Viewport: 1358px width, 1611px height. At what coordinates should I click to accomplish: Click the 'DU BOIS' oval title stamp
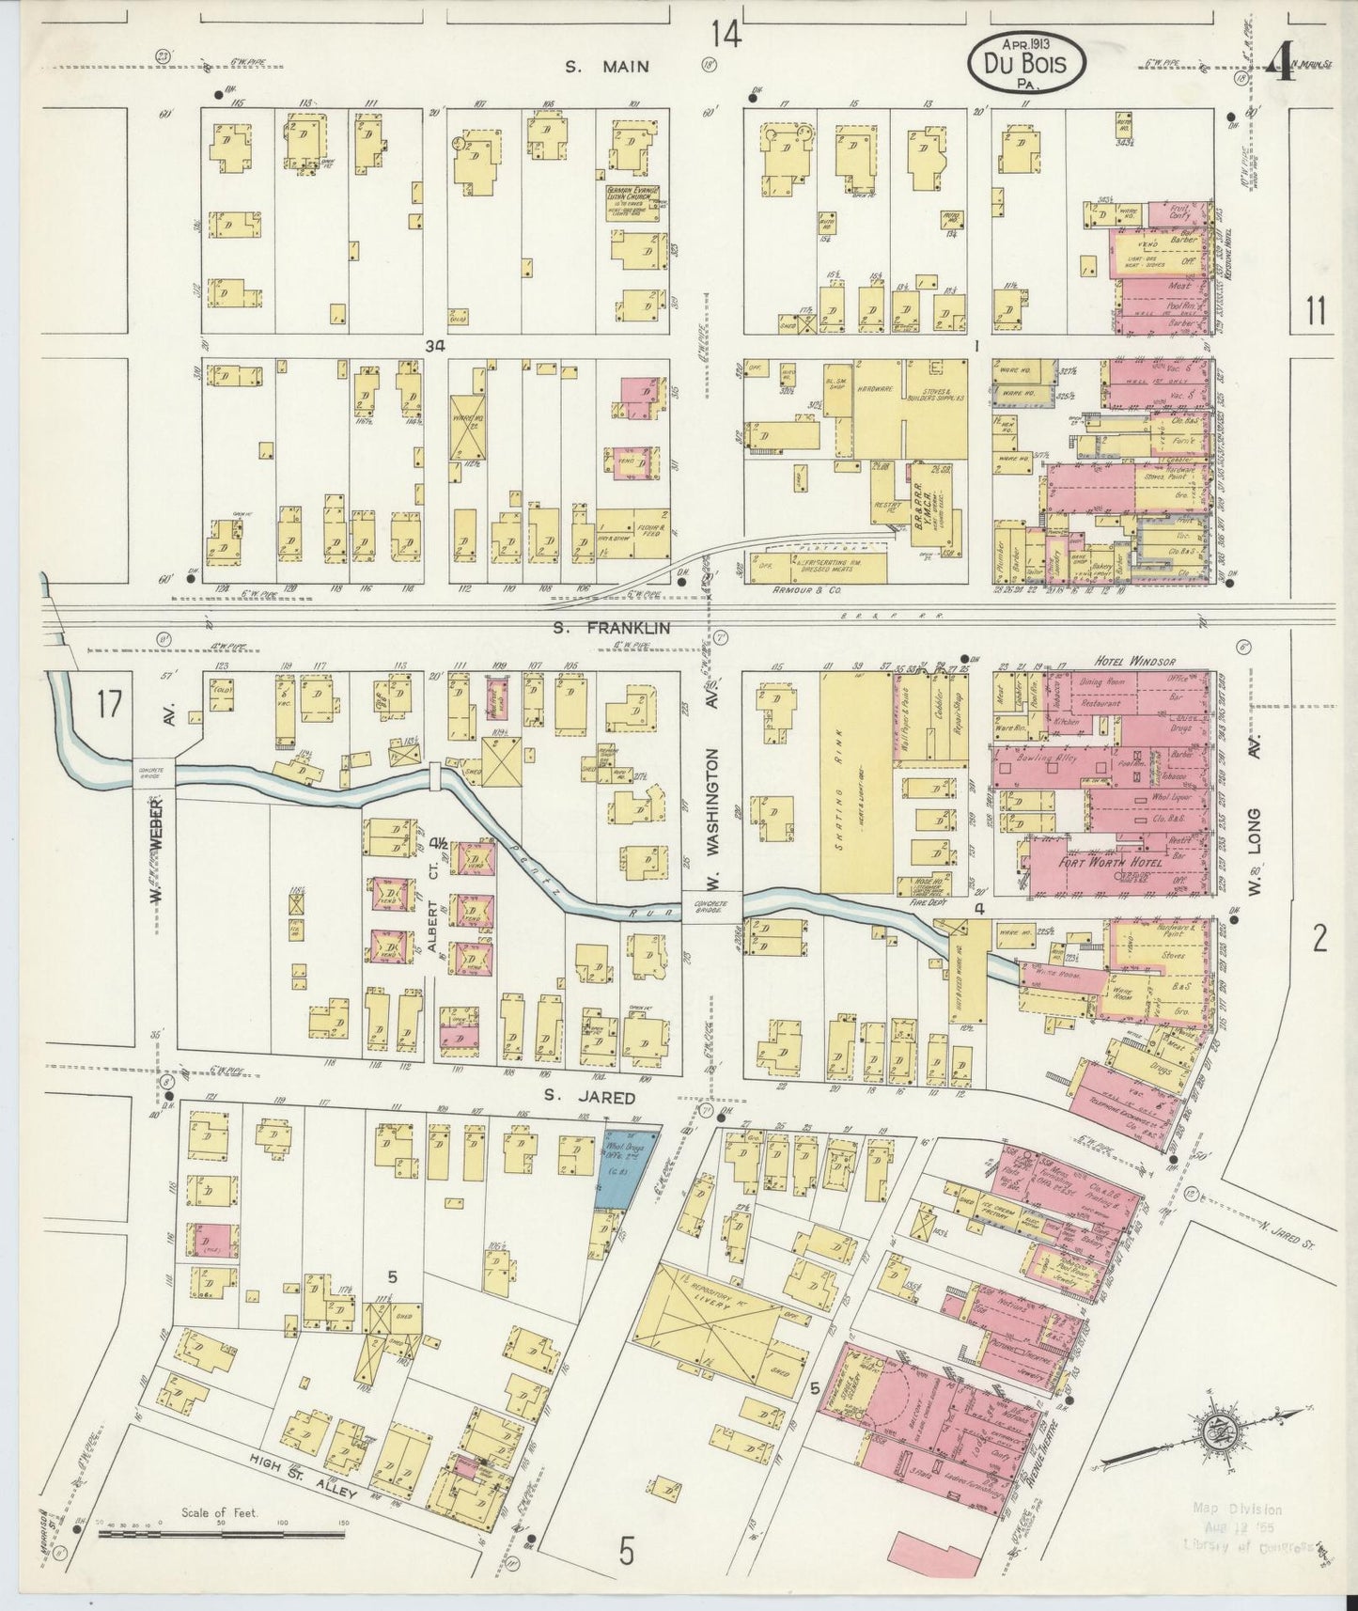click(1026, 61)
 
